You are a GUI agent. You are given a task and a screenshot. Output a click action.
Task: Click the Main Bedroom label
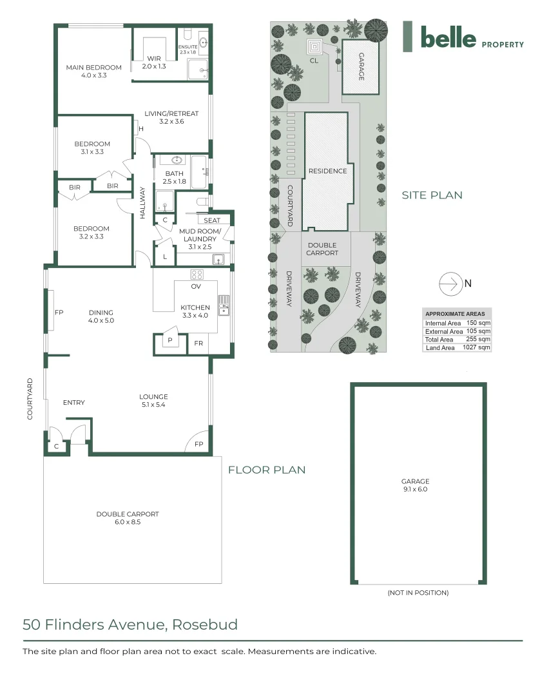(94, 72)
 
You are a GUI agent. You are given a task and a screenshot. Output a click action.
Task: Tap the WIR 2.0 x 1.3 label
(153, 63)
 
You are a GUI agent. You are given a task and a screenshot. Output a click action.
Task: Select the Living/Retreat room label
(179, 117)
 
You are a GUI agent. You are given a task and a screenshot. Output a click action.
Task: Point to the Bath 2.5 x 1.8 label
(174, 178)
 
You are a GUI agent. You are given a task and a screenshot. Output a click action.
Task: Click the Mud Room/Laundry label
(200, 238)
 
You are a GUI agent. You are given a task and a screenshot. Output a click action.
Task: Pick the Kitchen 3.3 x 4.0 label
(195, 311)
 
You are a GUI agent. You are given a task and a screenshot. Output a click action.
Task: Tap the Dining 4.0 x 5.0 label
(101, 316)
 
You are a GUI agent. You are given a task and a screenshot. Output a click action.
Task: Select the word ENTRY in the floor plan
(73, 403)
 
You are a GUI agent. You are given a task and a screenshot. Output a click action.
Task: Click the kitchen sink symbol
(224, 304)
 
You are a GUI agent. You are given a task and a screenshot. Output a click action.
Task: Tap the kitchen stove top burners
(197, 274)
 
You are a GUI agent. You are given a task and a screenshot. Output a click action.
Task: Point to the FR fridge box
(198, 343)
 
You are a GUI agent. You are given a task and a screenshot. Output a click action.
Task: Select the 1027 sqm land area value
(476, 347)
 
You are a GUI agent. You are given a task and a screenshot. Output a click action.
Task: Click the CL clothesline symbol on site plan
(314, 47)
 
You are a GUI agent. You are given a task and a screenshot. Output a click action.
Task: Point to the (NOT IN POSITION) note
(418, 592)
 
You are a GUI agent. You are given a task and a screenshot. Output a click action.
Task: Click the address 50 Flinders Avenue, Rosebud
(130, 624)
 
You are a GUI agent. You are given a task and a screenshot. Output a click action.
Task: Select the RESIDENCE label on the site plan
(327, 171)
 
